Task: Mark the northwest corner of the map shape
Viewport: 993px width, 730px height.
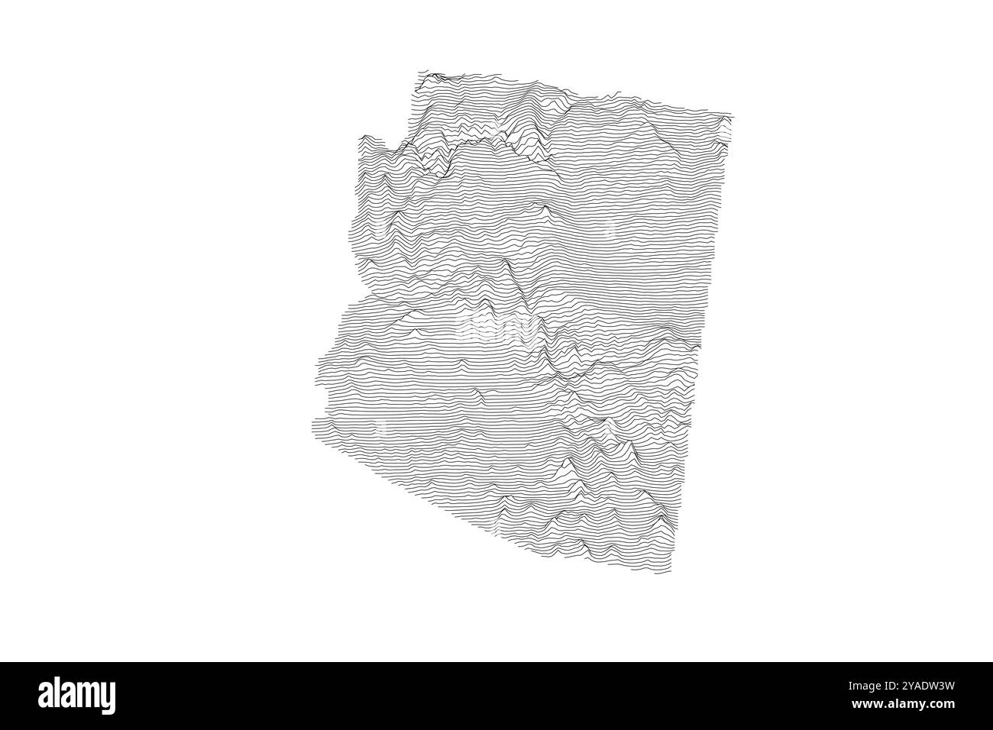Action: click(x=419, y=74)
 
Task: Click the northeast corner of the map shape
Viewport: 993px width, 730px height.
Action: click(x=731, y=116)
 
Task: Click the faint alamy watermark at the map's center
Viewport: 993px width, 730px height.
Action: click(x=496, y=328)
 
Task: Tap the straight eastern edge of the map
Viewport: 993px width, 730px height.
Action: click(x=699, y=344)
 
